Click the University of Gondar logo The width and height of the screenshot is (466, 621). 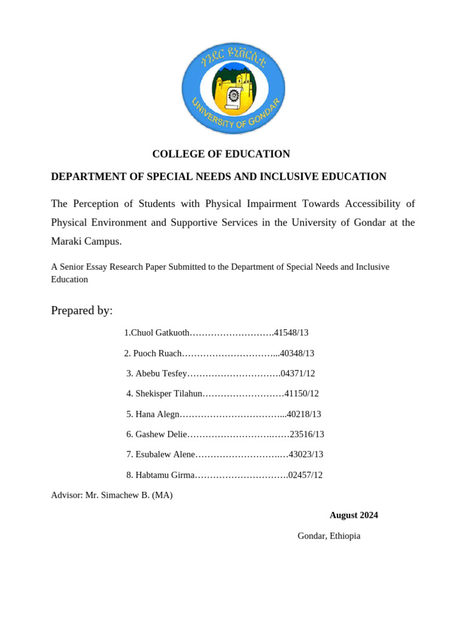pos(233,87)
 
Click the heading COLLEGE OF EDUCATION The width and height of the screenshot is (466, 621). pos(221,154)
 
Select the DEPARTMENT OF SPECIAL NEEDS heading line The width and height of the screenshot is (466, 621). pos(218,176)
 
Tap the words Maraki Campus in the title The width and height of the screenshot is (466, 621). pos(86,241)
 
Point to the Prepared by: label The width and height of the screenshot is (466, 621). pos(82,310)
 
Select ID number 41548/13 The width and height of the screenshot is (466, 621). pos(291,333)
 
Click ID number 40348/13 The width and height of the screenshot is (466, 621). pos(297,354)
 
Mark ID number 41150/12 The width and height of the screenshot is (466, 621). pos(302,394)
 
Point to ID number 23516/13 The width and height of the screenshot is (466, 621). pos(307,434)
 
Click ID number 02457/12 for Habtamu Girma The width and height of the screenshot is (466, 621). pos(305,475)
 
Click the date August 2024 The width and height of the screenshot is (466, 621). pos(354,515)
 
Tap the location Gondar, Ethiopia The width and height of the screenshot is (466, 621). pos(329,536)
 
